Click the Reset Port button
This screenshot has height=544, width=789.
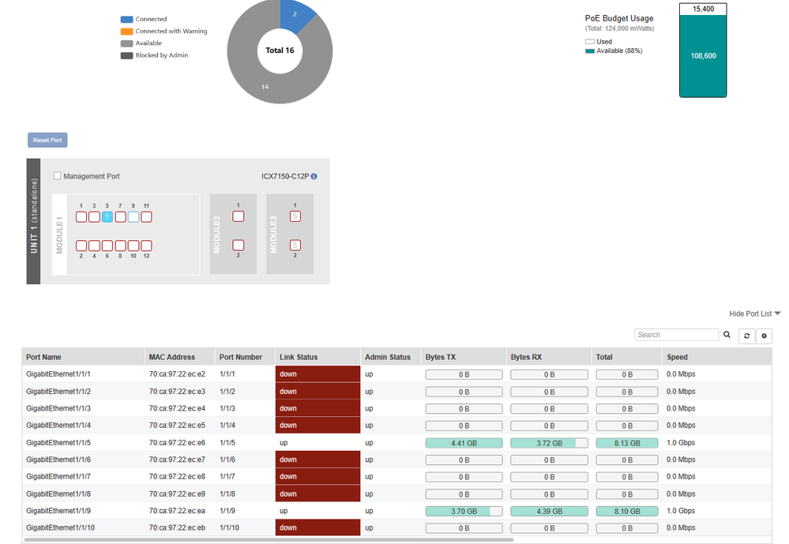tap(47, 141)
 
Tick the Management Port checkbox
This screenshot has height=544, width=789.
tap(58, 176)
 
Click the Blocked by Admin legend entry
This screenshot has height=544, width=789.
tap(161, 55)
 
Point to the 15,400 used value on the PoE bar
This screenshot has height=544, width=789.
tap(702, 9)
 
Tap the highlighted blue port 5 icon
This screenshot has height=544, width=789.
tap(107, 216)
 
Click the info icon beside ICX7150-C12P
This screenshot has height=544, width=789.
tap(314, 177)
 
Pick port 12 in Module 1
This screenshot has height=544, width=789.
tap(146, 246)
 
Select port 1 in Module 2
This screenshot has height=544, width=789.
tap(238, 216)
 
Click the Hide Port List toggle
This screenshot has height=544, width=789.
tap(754, 313)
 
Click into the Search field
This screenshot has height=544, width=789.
tap(676, 335)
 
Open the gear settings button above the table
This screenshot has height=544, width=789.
tap(764, 336)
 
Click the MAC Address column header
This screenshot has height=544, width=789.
tap(172, 357)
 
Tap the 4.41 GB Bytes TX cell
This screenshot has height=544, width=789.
tap(464, 443)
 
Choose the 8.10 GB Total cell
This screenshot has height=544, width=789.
tap(626, 511)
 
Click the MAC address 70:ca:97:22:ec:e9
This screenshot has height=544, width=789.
tap(177, 493)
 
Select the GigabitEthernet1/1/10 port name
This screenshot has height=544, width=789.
tap(60, 527)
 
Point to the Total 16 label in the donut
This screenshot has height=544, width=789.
tap(280, 51)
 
